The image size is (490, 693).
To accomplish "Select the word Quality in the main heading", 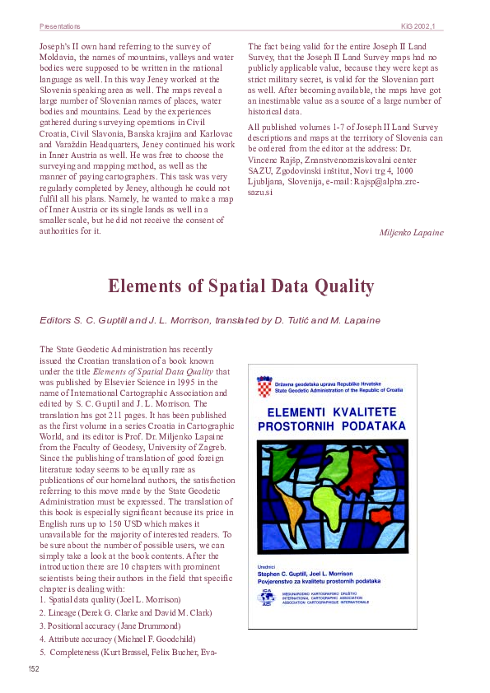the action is (343, 286).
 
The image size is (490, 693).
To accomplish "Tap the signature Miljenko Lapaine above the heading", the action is (411, 233).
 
